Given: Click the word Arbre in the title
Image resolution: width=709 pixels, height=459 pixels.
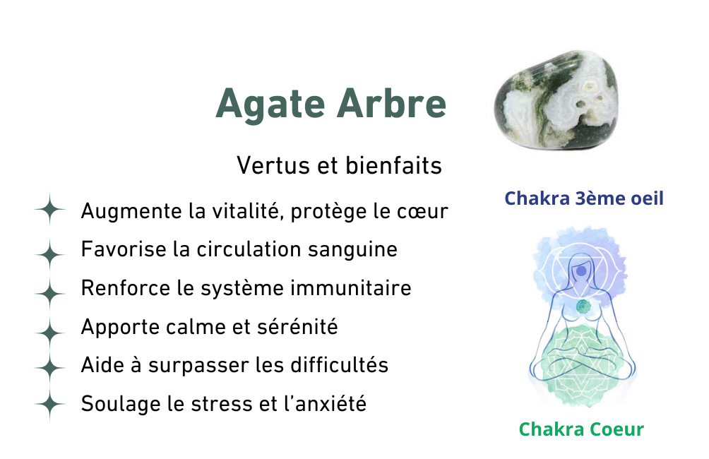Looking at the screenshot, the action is click(x=392, y=103).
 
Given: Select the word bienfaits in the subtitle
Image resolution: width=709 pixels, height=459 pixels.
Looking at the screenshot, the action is click(x=393, y=165).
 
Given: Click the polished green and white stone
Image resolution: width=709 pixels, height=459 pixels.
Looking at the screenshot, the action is click(x=556, y=100).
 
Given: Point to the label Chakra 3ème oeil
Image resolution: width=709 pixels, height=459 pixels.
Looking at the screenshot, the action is click(x=584, y=198).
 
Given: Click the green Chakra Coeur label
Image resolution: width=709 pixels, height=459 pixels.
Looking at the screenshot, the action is click(x=581, y=429).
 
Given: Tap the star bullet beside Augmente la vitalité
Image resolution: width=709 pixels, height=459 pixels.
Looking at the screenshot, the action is click(x=49, y=210).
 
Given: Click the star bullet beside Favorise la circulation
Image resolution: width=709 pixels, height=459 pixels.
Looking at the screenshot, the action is click(x=49, y=255).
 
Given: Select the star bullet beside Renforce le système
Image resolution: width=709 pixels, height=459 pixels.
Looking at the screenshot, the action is click(x=49, y=294).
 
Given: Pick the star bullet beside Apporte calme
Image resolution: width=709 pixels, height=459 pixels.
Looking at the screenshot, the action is click(x=49, y=333).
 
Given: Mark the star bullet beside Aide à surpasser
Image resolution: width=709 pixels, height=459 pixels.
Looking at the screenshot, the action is click(x=49, y=368).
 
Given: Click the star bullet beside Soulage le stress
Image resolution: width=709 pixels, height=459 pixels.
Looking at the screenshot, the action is click(x=49, y=403).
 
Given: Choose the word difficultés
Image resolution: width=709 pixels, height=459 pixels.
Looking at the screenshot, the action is click(x=339, y=365).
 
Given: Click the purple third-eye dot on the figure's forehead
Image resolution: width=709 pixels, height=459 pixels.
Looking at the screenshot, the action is click(x=581, y=271).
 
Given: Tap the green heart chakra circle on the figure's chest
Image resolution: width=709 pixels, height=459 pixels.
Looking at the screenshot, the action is click(x=583, y=307).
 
